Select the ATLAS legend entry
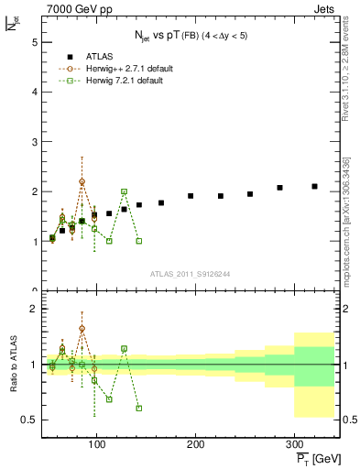tap(97, 57)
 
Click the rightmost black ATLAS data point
tap(314, 186)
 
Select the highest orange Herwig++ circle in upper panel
tap(82, 181)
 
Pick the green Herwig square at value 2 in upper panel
tap(124, 191)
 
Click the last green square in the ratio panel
tap(138, 409)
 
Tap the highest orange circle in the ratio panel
tap(82, 328)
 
